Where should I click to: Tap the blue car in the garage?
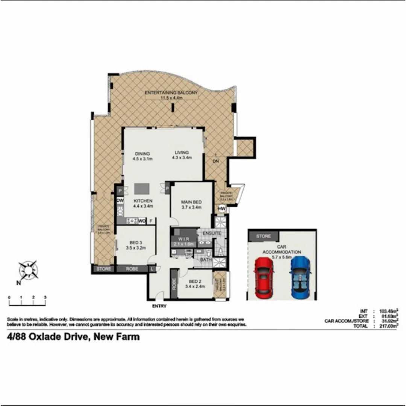300,276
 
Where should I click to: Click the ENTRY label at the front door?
159,306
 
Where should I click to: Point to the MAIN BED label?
191,202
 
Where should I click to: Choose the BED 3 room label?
136,242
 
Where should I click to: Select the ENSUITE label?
212,233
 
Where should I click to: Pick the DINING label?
142,154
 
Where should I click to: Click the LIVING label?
182,153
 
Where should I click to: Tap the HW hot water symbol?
221,209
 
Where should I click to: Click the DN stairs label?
216,161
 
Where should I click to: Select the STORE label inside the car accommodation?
263,236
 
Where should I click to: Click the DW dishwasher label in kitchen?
120,201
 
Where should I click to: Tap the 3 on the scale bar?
45,297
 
